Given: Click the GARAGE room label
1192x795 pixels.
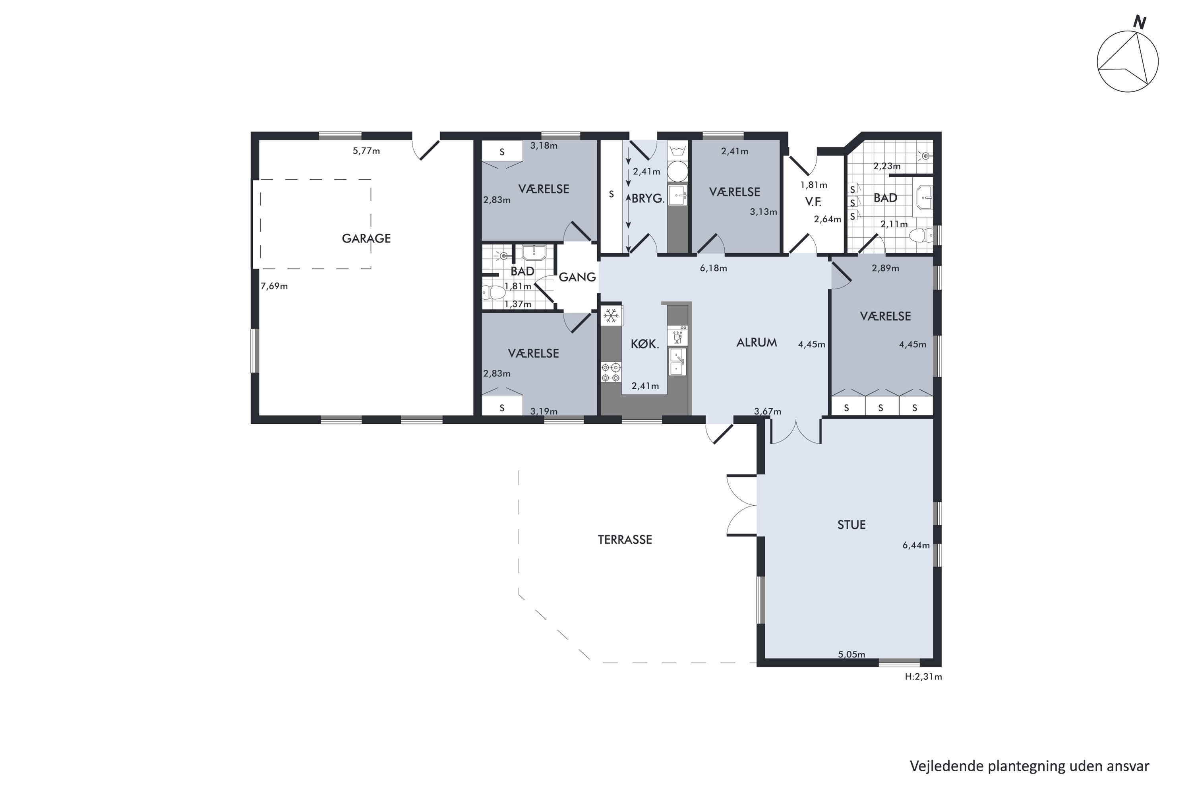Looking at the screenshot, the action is tap(366, 238).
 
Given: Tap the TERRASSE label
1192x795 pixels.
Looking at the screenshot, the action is tap(625, 539).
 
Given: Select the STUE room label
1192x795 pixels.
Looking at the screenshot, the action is tap(851, 525).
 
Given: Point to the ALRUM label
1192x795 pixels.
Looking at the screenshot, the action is tap(757, 343).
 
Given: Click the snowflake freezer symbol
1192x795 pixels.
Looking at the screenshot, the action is tap(611, 316).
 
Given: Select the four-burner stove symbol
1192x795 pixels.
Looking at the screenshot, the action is tap(611, 372).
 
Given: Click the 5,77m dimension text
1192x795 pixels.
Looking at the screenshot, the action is tap(366, 151).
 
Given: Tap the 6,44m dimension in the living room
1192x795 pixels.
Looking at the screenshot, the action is tap(916, 545).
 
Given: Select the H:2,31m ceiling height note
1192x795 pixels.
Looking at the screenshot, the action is tap(923, 677).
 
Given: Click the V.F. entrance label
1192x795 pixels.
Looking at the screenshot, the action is tap(813, 202).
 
